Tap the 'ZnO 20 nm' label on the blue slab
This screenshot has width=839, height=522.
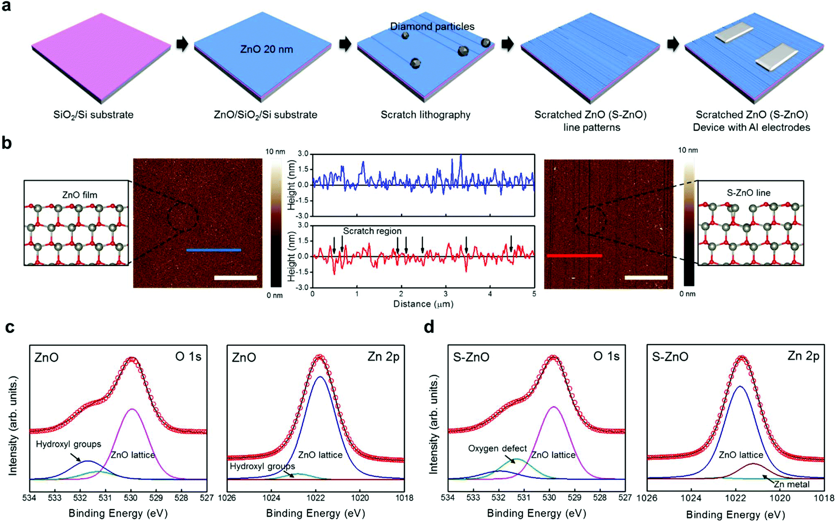[x=266, y=49]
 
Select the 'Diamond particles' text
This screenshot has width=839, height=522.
[x=432, y=27]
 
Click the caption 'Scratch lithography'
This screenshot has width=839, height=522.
[x=425, y=115]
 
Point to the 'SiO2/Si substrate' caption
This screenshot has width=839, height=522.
[x=93, y=115]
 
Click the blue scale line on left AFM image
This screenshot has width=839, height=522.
[x=214, y=250]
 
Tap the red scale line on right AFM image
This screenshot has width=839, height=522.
[x=574, y=256]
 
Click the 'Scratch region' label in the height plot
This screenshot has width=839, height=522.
[x=372, y=231]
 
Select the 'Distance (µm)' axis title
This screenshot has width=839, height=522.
[x=423, y=304]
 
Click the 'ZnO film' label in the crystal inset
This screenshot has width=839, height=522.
[x=80, y=195]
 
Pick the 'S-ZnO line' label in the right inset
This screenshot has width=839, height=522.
[x=749, y=193]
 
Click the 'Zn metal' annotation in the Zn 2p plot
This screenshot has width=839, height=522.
[x=791, y=484]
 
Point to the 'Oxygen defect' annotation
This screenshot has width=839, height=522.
[x=497, y=448]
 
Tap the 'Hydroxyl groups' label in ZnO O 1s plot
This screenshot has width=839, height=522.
[x=68, y=444]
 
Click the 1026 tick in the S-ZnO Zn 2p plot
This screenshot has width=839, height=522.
[x=647, y=498]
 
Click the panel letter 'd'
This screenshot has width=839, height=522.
[x=429, y=327]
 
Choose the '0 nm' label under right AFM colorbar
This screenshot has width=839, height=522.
[x=687, y=294]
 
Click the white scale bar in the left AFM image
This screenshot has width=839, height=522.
[x=235, y=278]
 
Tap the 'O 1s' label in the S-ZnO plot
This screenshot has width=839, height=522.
[x=606, y=356]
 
